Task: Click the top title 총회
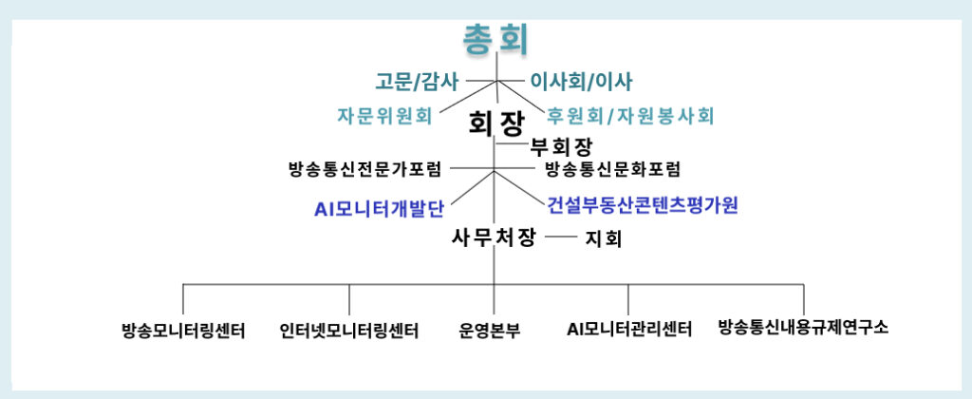point(495,38)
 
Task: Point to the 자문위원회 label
point(384,116)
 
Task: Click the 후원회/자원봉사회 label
point(630,116)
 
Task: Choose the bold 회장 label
point(496,121)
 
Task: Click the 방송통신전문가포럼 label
point(365,169)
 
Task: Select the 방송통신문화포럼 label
point(612,169)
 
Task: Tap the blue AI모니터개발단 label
point(380,206)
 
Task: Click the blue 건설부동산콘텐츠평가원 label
point(643,204)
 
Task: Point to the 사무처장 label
point(494,237)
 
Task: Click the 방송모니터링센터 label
point(184,331)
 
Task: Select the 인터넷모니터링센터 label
point(349,331)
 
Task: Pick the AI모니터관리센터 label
point(629,330)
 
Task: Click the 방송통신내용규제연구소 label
point(803,328)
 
